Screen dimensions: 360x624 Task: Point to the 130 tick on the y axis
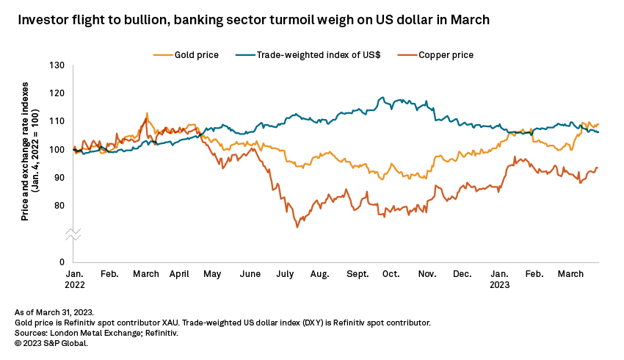point(58,65)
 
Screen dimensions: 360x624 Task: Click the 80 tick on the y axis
point(61,206)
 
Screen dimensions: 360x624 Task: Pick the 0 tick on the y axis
point(63,262)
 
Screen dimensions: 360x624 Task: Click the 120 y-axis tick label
point(58,93)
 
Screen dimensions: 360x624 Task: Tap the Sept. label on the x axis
point(358,274)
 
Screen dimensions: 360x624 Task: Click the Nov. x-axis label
point(426,274)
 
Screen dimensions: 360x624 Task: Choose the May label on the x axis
point(211,274)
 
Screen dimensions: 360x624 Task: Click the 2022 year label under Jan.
point(75,284)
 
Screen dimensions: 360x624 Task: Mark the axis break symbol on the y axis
point(73,234)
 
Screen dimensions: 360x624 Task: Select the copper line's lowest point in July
point(297,227)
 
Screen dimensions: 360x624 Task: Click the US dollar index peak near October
point(382,97)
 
